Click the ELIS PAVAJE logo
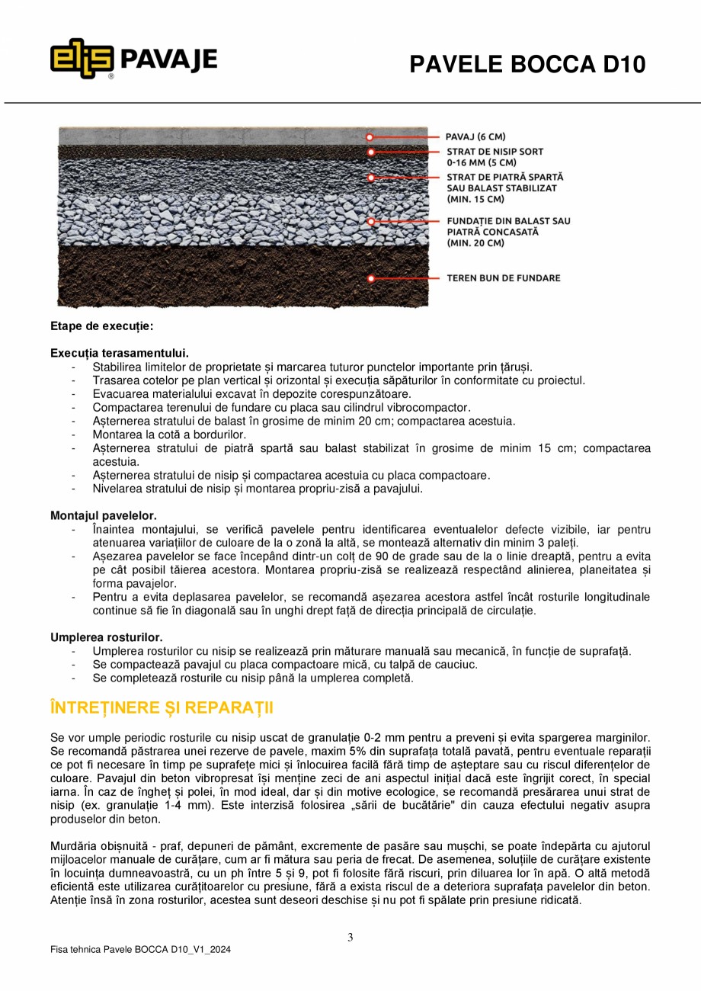[134, 59]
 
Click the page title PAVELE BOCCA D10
[527, 65]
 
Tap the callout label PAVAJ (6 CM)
[475, 137]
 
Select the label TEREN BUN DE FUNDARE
[503, 278]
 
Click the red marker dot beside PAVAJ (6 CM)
[370, 138]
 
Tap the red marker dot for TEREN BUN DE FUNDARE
[371, 279]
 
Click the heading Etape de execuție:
[101, 326]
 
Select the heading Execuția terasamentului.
[119, 353]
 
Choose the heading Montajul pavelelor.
[104, 516]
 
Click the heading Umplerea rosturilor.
[106, 637]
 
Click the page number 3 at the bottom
[350, 938]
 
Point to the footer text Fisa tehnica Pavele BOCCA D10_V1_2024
[140, 950]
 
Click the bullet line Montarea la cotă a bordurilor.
[169, 435]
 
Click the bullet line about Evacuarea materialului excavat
[251, 394]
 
